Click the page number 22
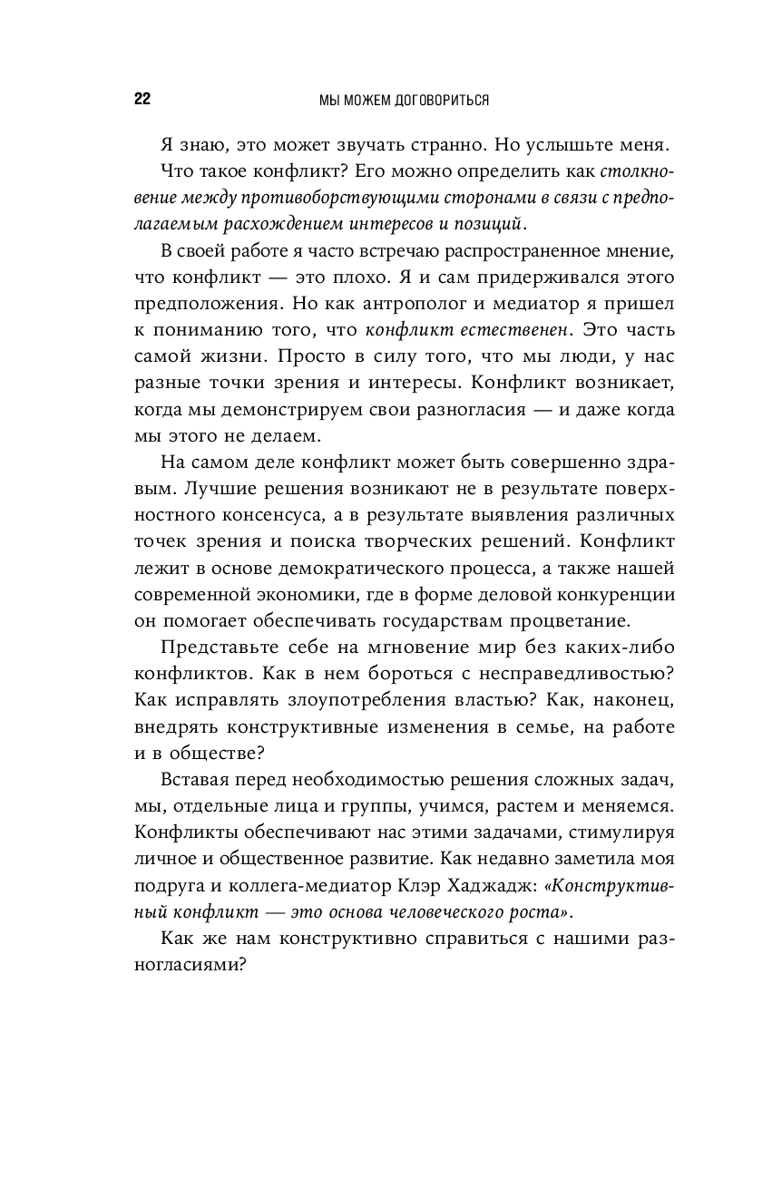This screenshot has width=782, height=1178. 142,100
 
